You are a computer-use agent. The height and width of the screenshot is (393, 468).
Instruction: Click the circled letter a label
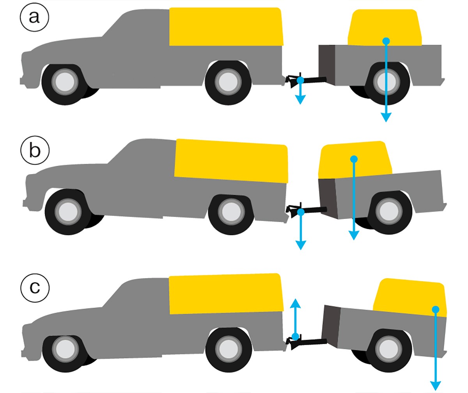point(34,17)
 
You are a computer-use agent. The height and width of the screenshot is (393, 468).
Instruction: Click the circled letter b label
point(35,151)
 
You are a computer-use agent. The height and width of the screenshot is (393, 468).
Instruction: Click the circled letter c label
point(35,287)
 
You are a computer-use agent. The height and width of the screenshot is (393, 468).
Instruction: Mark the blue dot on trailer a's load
point(386,41)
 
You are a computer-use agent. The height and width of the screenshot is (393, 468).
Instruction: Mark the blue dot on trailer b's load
point(353,159)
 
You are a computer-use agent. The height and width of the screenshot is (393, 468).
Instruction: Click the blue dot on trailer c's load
point(436,309)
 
